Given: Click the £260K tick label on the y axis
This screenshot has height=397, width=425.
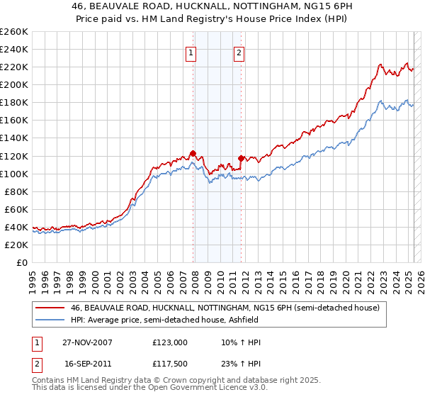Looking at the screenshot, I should tap(13, 31).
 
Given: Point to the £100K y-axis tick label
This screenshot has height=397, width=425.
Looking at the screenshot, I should tap(13, 174).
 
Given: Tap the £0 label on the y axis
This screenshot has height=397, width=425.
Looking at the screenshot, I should tap(23, 262).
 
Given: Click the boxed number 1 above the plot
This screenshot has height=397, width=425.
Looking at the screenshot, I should tap(191, 52).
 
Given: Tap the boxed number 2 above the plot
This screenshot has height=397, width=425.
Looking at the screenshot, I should tap(239, 52).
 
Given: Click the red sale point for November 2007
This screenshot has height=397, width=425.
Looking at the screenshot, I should tap(193, 153).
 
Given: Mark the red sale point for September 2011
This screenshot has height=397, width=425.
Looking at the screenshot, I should tap(241, 158).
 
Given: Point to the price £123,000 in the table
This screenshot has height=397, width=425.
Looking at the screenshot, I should tap(170, 342).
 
